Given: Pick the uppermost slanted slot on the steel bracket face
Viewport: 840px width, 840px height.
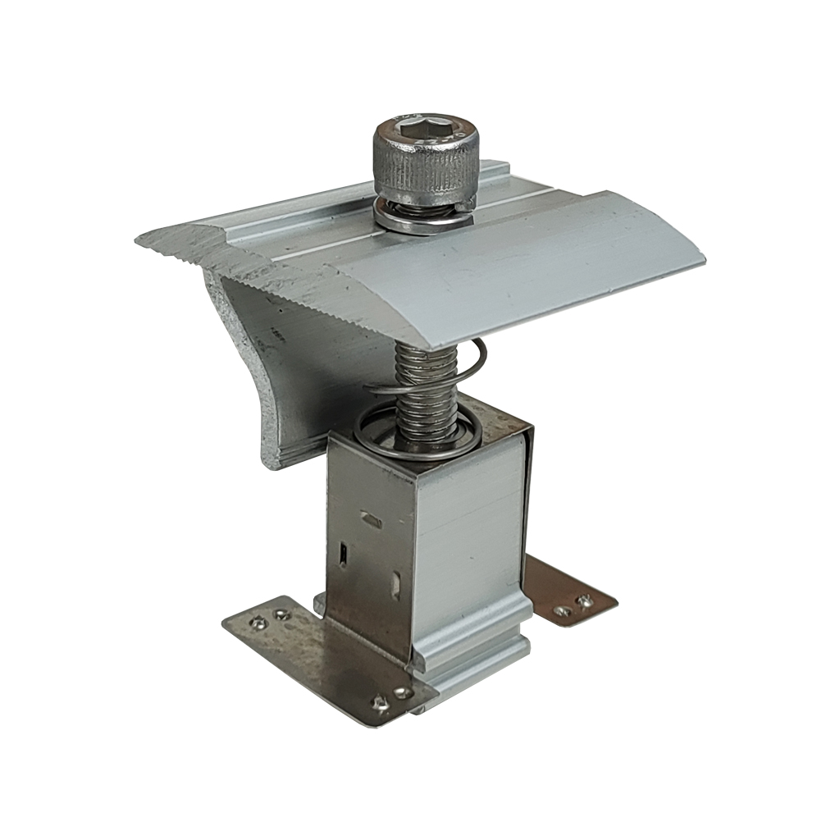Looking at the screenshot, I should tap(371, 519).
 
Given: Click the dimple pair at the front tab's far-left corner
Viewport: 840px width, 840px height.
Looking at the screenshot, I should tap(271, 615).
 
